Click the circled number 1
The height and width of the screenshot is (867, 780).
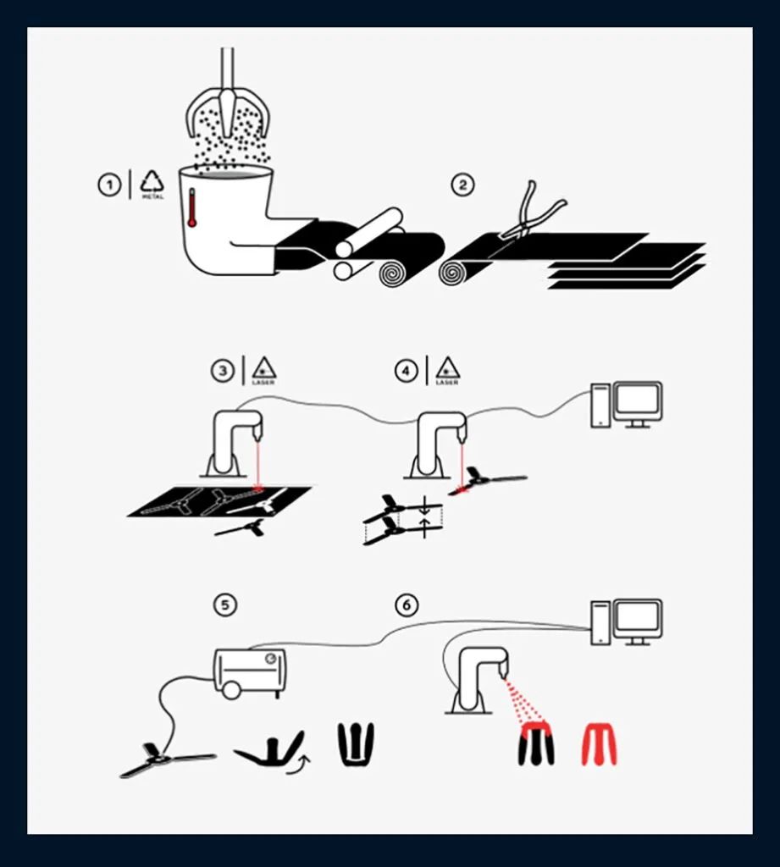[x=109, y=185]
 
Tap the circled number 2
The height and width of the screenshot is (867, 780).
[x=462, y=185]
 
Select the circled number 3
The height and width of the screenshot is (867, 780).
[x=223, y=371]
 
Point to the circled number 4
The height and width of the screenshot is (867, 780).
[x=406, y=371]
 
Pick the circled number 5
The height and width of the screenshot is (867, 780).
[x=224, y=605]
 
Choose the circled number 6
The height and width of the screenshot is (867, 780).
[x=407, y=605]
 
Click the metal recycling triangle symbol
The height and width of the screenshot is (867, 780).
[x=152, y=183]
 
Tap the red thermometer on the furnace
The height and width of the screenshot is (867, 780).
[x=192, y=207]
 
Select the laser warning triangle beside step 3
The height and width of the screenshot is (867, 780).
[x=264, y=368]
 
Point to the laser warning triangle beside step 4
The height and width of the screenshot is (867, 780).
[x=447, y=368]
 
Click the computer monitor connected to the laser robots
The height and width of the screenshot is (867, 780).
[x=638, y=402]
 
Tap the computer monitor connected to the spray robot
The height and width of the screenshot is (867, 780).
[x=638, y=620]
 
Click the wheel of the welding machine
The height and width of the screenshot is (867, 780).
[x=232, y=689]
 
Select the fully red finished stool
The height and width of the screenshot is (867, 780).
[x=599, y=743]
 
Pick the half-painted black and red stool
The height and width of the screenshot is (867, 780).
[x=535, y=743]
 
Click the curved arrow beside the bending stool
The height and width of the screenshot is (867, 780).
[x=299, y=765]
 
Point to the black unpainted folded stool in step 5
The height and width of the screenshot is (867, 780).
[x=357, y=744]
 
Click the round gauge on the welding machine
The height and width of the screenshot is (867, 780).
[x=270, y=659]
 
